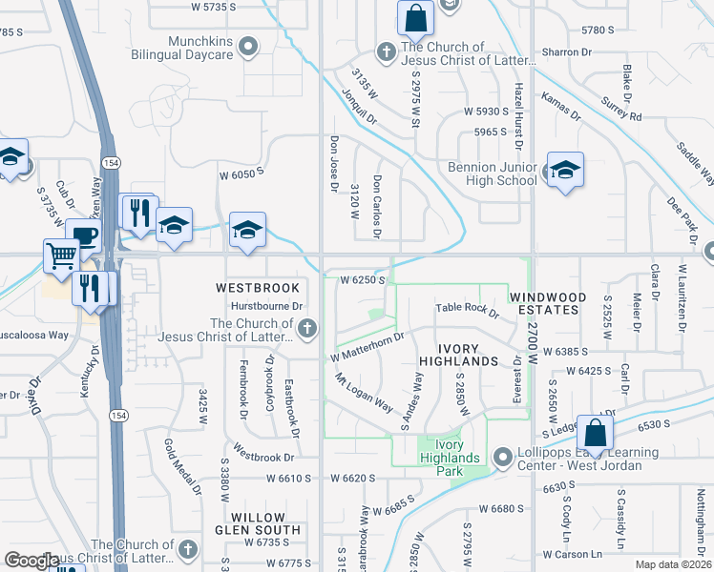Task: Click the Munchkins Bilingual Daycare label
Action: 200,48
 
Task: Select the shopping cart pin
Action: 60,255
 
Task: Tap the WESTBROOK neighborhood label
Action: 258,287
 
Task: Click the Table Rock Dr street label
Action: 468,311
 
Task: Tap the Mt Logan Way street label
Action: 363,393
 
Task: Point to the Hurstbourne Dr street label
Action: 268,307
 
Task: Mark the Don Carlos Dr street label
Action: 378,206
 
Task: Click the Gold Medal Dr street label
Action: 182,468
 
